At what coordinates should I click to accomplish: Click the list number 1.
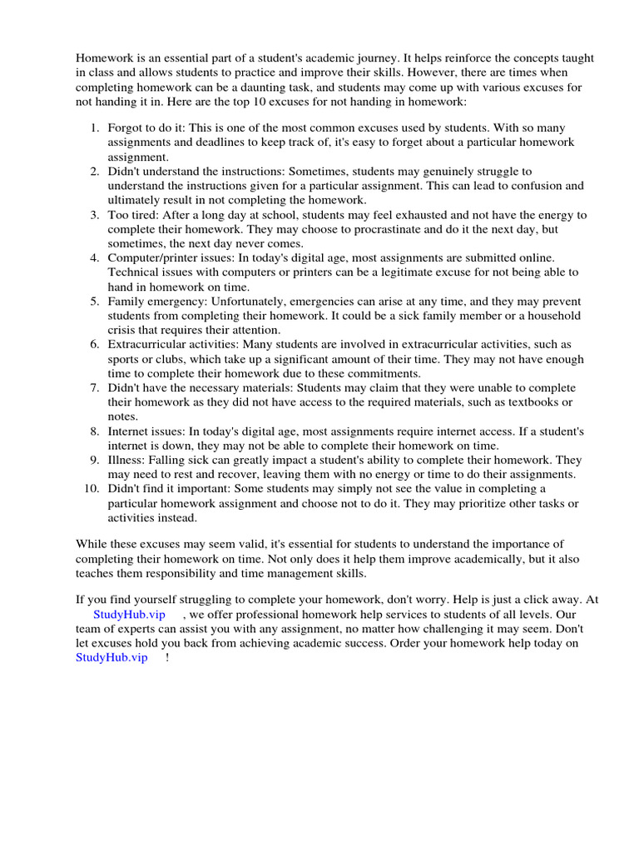point(94,127)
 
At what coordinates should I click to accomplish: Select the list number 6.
point(94,344)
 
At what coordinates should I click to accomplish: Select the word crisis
point(121,330)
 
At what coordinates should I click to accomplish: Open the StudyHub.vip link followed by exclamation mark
point(111,657)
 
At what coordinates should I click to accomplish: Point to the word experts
point(143,629)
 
